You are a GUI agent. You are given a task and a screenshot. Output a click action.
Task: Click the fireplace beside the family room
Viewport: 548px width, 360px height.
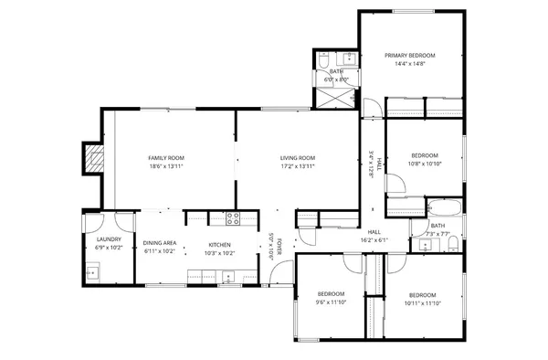[x=93, y=161]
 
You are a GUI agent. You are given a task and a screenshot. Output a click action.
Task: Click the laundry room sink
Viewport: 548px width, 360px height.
[x=92, y=270]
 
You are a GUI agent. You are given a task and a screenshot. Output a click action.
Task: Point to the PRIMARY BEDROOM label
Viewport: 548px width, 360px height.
[x=409, y=56]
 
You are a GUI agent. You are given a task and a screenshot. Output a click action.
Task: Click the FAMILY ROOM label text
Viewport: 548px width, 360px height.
[x=166, y=158]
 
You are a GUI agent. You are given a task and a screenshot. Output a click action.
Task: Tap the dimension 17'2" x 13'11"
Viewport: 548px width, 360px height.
[x=298, y=167]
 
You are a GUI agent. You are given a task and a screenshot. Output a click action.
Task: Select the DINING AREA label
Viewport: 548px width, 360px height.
[x=160, y=243]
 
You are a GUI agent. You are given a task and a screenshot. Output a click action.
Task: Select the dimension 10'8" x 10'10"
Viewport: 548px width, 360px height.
[x=425, y=164]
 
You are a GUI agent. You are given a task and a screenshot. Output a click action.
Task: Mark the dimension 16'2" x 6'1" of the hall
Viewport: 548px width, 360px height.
[x=374, y=240]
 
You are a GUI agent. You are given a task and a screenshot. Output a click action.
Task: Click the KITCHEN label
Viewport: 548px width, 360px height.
[x=219, y=244]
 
